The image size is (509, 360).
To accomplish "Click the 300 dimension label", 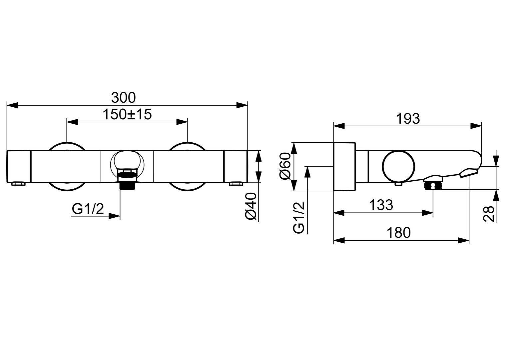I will (123, 98).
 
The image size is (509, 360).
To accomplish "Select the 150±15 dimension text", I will (127, 114).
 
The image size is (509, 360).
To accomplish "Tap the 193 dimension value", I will (408, 118).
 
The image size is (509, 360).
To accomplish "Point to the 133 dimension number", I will (381, 205).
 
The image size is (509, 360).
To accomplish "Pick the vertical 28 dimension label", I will (489, 213).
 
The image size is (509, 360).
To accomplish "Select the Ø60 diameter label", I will (286, 167).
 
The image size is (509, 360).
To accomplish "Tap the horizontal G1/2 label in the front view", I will (88, 209).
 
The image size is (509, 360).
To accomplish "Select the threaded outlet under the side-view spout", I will (433, 185).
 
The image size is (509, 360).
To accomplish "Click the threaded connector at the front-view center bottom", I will (128, 185).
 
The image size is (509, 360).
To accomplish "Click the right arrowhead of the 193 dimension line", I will (476, 126).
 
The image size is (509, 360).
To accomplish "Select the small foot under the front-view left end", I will (18, 184).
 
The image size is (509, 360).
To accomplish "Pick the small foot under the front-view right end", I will (236, 184).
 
